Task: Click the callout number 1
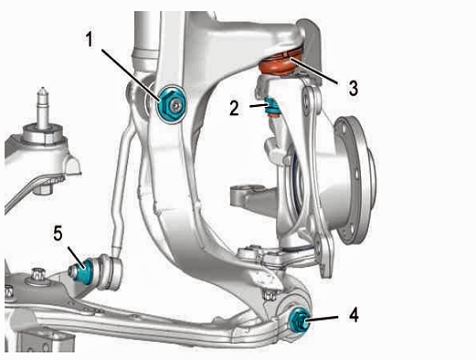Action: [x=90, y=39]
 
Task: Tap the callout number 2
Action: [x=234, y=108]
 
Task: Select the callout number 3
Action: [x=354, y=88]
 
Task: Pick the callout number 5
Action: [x=58, y=234]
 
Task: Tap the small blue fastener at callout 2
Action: [x=271, y=107]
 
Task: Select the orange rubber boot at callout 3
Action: [x=280, y=64]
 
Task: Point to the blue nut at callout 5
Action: [x=83, y=270]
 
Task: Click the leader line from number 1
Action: [x=131, y=75]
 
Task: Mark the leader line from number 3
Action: [x=313, y=70]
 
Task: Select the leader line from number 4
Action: [x=322, y=318]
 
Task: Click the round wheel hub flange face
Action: [x=354, y=180]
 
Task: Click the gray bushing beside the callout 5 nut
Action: [x=110, y=272]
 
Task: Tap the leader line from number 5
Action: [x=76, y=259]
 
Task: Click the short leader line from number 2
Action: [x=259, y=105]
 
